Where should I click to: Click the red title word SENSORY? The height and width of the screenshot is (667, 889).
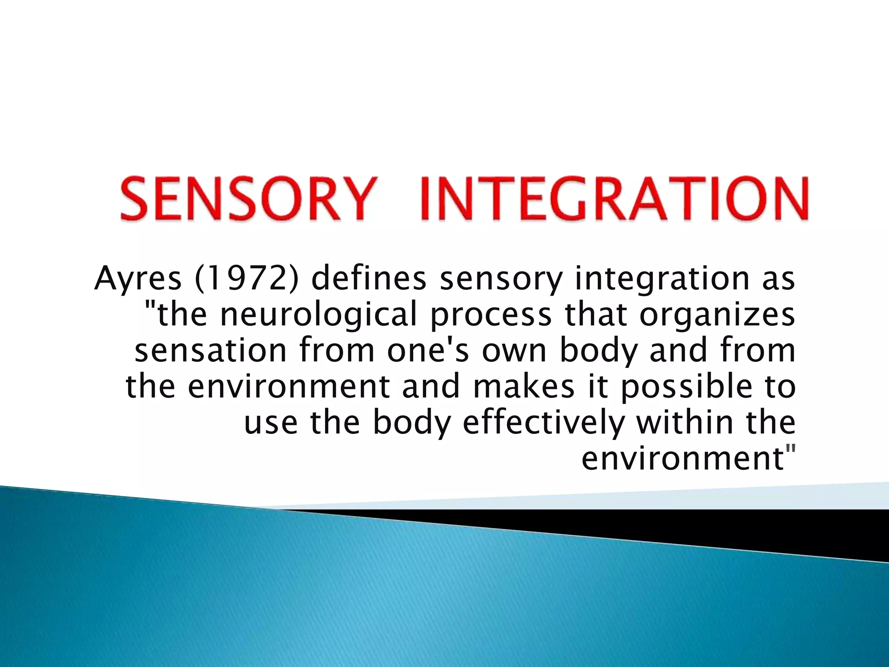[247, 198]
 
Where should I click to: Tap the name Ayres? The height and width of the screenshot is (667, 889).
[138, 279]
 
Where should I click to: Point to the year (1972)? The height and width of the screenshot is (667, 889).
[247, 279]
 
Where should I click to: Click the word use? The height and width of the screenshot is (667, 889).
[270, 424]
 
